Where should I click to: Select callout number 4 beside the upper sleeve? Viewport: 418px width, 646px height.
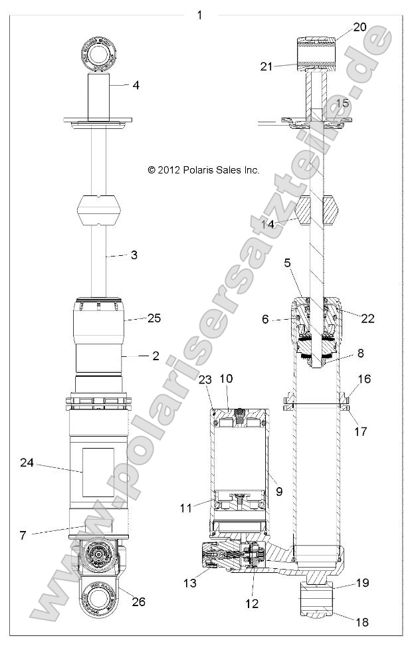coord(136,85)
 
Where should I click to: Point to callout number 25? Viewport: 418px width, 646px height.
coord(154,318)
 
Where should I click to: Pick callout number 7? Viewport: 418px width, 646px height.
coord(23,535)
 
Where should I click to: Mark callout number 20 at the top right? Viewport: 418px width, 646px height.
coord(360,27)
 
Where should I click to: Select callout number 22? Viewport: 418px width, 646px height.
coord(367,318)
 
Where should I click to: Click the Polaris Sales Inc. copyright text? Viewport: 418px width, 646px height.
coord(203,170)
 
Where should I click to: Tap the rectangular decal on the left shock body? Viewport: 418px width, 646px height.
coord(98,471)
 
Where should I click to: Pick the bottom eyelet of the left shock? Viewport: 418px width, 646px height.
coord(98,596)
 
